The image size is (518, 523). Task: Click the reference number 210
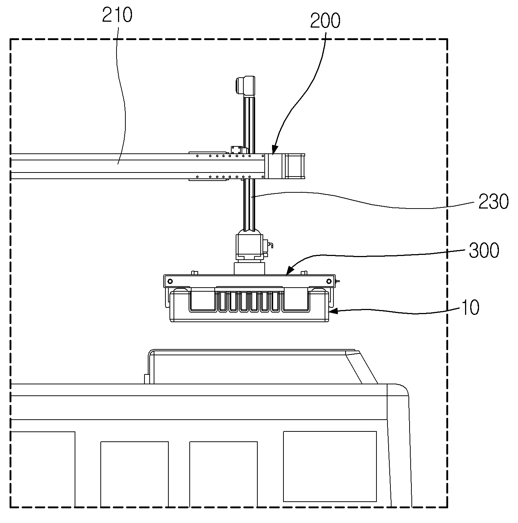117,15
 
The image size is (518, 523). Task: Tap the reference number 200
325,21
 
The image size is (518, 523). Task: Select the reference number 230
493,202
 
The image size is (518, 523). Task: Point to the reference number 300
484,250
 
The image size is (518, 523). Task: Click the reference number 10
470,307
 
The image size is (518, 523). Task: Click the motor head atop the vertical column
245,86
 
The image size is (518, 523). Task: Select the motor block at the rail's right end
295,166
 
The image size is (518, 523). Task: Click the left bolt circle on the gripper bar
170,281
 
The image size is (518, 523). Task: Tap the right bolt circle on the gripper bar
329,281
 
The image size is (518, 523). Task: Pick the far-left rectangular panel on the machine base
43,469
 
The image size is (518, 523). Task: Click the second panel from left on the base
135,474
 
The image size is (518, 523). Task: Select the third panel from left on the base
224,474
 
